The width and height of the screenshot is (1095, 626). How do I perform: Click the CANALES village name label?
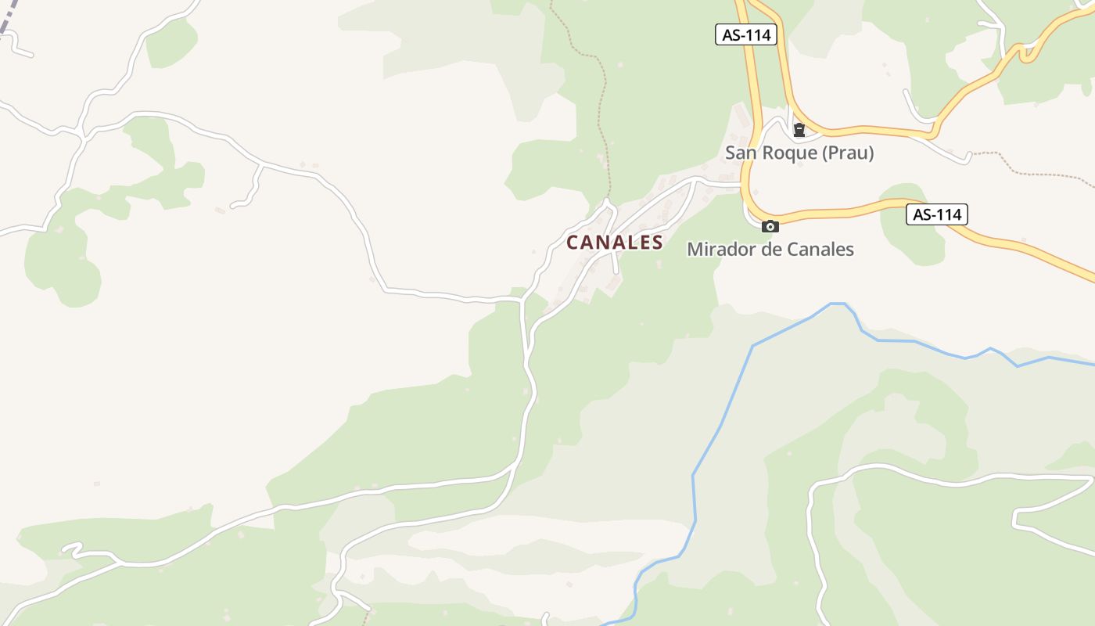click(x=615, y=243)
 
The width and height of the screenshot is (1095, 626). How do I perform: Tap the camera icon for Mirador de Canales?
click(x=770, y=227)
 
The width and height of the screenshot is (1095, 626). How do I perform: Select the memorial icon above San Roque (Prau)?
click(x=799, y=130)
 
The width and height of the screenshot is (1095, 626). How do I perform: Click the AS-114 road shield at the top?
click(x=745, y=34)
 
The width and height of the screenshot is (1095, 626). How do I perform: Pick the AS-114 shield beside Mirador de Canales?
click(x=937, y=214)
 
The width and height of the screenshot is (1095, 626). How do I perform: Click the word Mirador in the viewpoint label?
click(x=720, y=250)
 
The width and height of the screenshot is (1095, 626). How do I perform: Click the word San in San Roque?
click(x=739, y=153)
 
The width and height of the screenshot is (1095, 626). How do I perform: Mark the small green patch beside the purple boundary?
click(x=171, y=43)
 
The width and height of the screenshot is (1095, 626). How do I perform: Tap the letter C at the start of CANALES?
click(x=573, y=243)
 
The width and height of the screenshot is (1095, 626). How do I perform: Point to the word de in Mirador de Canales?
click(x=765, y=250)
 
